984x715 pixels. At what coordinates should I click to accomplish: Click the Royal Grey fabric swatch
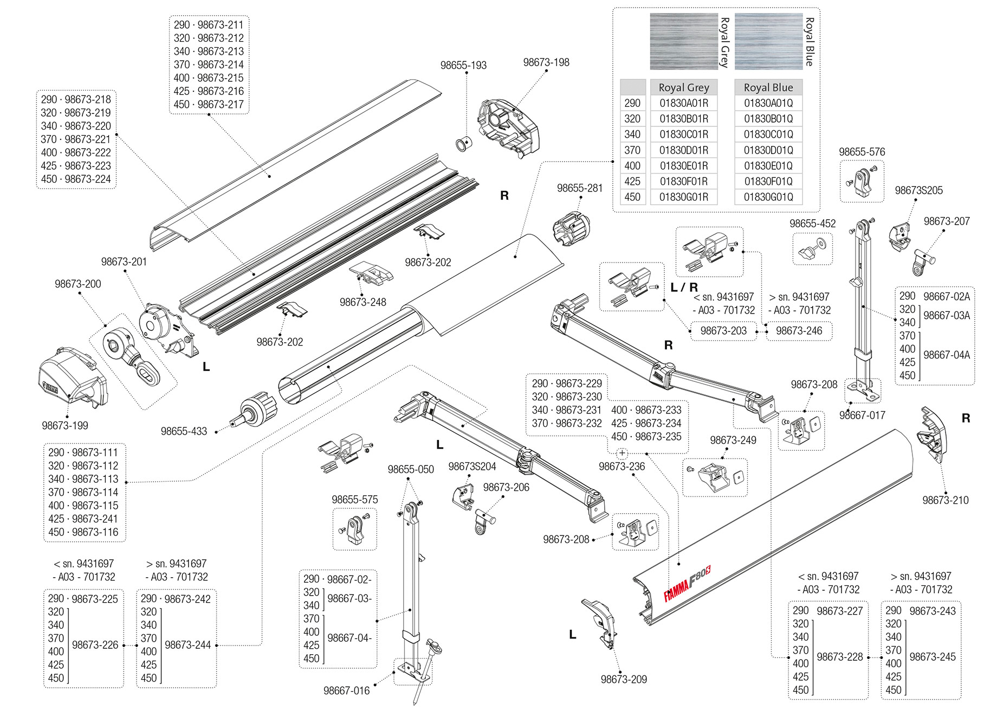tap(683, 42)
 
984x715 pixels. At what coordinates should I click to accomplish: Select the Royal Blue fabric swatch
tap(768, 42)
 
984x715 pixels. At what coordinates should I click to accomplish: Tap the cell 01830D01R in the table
tap(684, 150)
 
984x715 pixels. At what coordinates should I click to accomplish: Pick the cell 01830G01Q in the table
tap(768, 197)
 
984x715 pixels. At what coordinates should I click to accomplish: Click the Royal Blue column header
tap(768, 87)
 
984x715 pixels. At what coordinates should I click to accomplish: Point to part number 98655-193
tap(463, 66)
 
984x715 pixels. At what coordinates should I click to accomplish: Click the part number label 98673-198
tap(546, 62)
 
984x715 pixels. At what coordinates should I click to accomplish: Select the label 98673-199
tap(65, 426)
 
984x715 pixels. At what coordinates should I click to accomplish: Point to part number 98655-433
tap(184, 431)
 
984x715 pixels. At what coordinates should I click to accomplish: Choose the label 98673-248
tap(363, 302)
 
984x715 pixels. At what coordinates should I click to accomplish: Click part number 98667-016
tap(347, 691)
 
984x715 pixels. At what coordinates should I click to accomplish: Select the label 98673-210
tap(946, 500)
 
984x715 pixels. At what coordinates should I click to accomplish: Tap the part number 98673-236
tap(622, 467)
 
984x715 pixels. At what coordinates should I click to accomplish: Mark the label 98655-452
tap(812, 224)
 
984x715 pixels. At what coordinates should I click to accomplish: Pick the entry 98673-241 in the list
tap(95, 519)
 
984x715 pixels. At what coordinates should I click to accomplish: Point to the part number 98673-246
tap(799, 331)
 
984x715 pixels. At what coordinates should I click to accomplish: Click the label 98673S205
tap(918, 190)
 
